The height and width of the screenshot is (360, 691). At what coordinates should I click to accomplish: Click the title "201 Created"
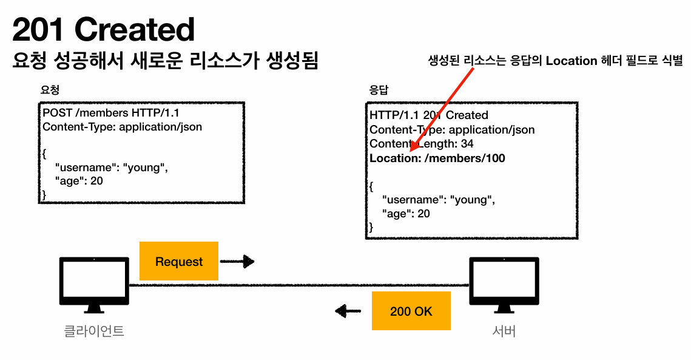click(103, 29)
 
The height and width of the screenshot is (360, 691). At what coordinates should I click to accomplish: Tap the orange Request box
click(179, 262)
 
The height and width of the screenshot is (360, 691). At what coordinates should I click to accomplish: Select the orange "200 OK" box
click(411, 311)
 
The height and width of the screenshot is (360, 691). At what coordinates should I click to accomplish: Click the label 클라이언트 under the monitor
click(94, 331)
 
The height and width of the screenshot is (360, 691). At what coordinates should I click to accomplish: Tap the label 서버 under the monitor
click(504, 331)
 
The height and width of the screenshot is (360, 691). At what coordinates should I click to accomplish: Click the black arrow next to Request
click(237, 262)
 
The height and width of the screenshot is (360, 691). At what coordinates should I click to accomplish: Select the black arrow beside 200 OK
click(349, 312)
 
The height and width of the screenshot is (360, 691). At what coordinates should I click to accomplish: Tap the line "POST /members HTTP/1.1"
click(110, 113)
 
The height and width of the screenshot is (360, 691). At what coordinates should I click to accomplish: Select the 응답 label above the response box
click(379, 90)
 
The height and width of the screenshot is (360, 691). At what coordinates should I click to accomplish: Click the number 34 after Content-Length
click(467, 144)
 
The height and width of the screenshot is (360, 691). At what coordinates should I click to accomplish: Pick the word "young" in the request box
click(143, 168)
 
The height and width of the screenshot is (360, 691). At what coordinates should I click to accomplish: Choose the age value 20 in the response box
click(423, 214)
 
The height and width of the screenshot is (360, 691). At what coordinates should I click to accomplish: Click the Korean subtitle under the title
click(165, 61)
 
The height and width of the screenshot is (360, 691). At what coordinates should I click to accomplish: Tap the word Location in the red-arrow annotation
click(571, 61)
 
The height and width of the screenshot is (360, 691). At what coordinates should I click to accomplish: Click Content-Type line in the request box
click(122, 127)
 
